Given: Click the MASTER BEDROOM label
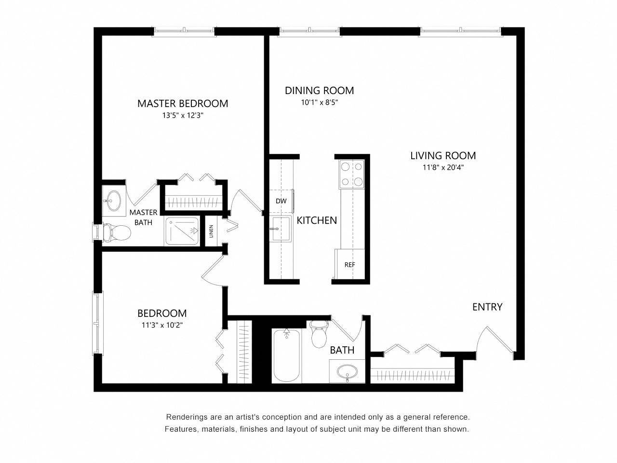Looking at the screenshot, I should (x=183, y=103).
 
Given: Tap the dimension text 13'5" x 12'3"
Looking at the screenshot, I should (x=183, y=116).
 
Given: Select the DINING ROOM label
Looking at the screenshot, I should (x=319, y=90).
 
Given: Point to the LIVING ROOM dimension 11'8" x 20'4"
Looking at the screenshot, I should (x=443, y=168).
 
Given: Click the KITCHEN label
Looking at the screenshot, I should (x=317, y=220).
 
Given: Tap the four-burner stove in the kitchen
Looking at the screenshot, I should (x=352, y=174).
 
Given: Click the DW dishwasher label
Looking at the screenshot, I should (x=281, y=201).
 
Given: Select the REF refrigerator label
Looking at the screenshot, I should (x=349, y=265).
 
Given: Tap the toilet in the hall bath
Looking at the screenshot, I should (x=319, y=335).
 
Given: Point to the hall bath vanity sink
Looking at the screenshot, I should (x=347, y=372).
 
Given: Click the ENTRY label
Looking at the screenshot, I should (x=487, y=307).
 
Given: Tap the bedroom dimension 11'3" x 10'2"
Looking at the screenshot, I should (x=162, y=325).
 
